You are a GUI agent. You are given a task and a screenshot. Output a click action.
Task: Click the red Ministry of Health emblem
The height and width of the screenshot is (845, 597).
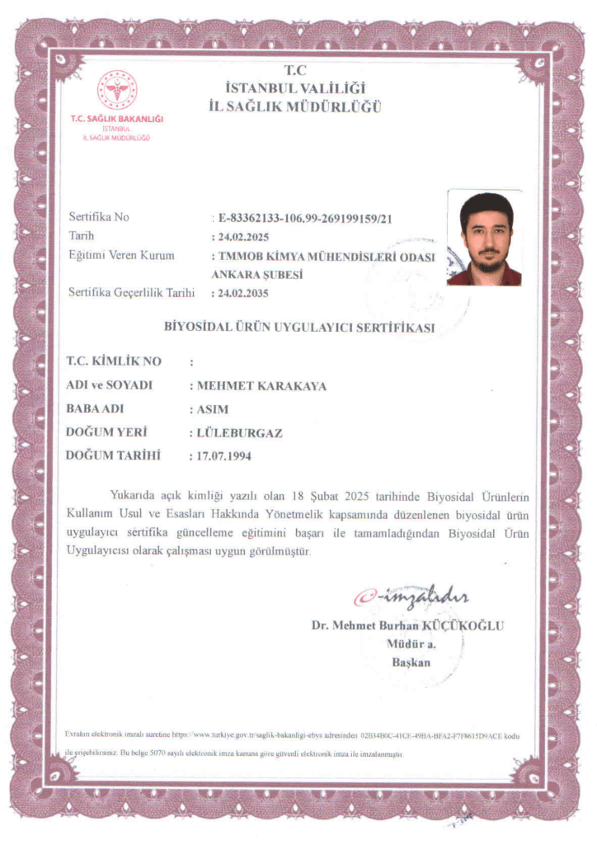tap(116, 91)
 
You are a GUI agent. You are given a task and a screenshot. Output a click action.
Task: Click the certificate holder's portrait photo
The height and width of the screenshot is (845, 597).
tap(484, 238)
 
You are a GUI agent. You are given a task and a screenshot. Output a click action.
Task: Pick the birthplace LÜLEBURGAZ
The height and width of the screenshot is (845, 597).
tap(240, 432)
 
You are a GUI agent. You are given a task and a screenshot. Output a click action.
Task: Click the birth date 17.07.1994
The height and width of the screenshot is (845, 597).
tap(224, 455)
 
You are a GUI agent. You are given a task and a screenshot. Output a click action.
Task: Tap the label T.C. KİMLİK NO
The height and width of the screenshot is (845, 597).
tap(114, 361)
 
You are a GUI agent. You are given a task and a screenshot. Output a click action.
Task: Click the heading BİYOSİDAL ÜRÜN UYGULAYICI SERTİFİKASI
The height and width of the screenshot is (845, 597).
tap(299, 327)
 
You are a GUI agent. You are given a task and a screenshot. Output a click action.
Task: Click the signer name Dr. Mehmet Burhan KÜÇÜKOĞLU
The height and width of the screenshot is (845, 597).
tap(407, 625)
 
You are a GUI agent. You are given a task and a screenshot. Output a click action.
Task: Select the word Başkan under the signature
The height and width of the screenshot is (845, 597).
tap(411, 662)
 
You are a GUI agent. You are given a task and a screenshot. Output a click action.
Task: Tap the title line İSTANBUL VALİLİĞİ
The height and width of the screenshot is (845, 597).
tap(294, 88)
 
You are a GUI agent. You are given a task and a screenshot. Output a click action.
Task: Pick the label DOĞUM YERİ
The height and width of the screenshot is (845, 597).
tap(107, 432)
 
